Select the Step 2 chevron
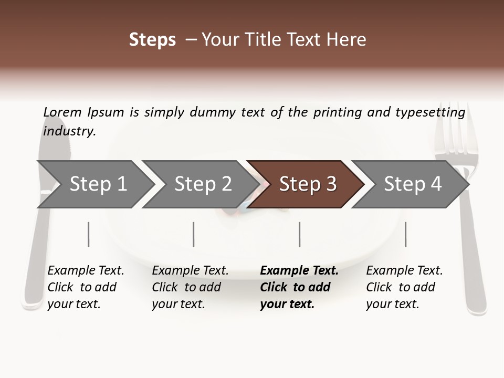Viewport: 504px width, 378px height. point(203,184)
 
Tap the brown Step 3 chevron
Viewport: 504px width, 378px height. point(307,184)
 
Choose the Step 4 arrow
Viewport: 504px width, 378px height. point(412,184)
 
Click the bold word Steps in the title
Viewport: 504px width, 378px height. point(152,40)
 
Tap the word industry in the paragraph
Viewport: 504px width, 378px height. point(69,131)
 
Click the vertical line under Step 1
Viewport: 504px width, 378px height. point(88,234)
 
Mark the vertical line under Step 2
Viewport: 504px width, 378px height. point(194,234)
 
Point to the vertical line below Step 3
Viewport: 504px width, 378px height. point(299,234)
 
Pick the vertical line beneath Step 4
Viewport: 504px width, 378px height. point(405,234)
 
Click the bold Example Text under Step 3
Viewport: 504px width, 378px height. point(299,271)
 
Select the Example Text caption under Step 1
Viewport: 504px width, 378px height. point(86,271)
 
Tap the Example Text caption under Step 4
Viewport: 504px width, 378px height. point(404,271)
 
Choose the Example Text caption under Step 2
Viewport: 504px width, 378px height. point(190,271)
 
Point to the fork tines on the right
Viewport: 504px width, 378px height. point(452,131)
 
